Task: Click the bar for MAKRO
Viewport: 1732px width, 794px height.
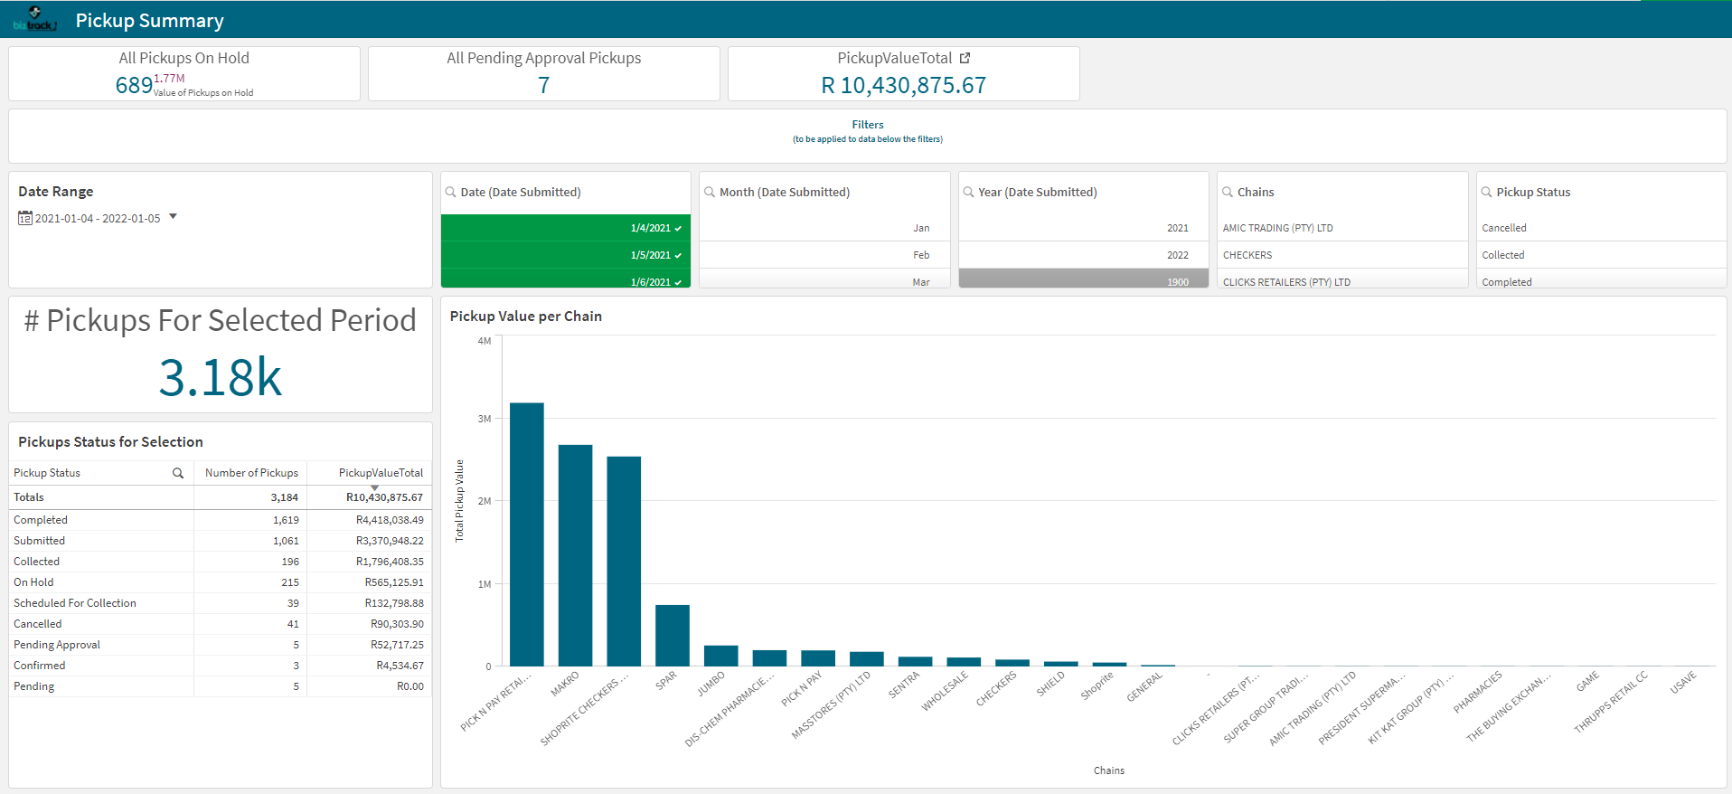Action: pyautogui.click(x=575, y=555)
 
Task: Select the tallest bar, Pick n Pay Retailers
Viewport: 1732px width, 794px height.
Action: pyautogui.click(x=526, y=534)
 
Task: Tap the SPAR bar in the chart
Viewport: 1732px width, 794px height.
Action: pyautogui.click(x=672, y=635)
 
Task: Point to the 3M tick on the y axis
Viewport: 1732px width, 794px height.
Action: pyautogui.click(x=485, y=419)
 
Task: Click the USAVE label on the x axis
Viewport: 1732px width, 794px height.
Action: pyautogui.click(x=1682, y=684)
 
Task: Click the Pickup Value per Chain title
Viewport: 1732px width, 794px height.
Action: pyautogui.click(x=525, y=317)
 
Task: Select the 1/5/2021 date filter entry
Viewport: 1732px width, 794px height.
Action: pyautogui.click(x=565, y=255)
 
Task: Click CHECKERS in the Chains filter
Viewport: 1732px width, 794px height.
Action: pyautogui.click(x=1247, y=255)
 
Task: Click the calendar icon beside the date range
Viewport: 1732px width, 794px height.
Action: pyautogui.click(x=25, y=218)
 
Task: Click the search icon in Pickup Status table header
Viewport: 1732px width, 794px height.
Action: pyautogui.click(x=178, y=473)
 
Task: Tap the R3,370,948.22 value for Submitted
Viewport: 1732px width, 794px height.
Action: pyautogui.click(x=389, y=541)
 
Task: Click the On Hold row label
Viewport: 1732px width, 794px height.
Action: pyautogui.click(x=33, y=582)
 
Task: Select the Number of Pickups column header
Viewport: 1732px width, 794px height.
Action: pyautogui.click(x=251, y=473)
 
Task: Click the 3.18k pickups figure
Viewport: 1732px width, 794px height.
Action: pyautogui.click(x=220, y=378)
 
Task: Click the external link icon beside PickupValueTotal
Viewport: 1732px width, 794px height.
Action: pyautogui.click(x=965, y=58)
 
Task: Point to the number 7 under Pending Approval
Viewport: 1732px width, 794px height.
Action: pyautogui.click(x=543, y=86)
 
